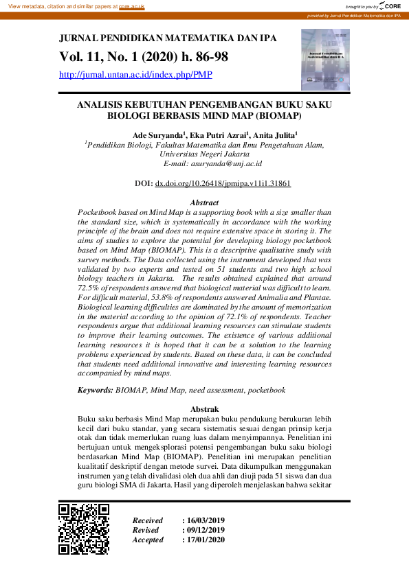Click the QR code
click(x=84, y=529)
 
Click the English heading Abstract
click(x=204, y=203)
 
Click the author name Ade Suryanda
click(x=157, y=135)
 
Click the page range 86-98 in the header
click(x=206, y=56)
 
